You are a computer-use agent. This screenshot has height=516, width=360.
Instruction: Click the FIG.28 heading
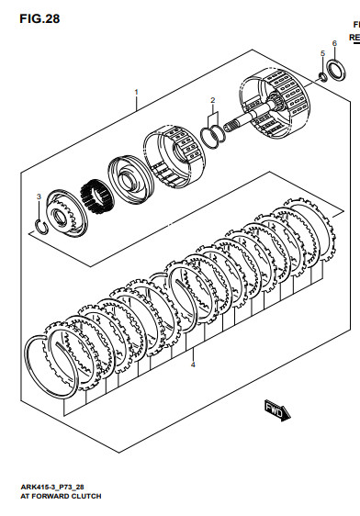click(x=39, y=18)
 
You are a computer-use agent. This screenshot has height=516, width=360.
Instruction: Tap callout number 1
click(x=137, y=93)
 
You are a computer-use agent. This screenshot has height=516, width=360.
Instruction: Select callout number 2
click(x=213, y=100)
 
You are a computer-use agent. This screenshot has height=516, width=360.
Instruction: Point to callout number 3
click(x=39, y=196)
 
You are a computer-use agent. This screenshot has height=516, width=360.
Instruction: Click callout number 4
click(x=193, y=365)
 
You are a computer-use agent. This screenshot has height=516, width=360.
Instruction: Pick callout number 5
click(x=322, y=53)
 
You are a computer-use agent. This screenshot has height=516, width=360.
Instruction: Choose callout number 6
click(x=334, y=43)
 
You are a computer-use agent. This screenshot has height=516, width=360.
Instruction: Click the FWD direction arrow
click(x=277, y=410)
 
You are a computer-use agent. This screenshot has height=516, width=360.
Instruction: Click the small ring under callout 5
click(x=322, y=77)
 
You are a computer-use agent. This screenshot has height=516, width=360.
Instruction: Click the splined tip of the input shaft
click(x=230, y=126)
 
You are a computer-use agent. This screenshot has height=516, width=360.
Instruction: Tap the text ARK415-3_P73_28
click(x=52, y=487)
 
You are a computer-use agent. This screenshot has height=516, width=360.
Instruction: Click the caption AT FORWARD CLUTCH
click(x=61, y=496)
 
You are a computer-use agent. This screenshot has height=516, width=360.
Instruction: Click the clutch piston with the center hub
click(x=130, y=179)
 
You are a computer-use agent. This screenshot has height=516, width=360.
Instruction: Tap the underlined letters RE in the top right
click(x=354, y=38)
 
